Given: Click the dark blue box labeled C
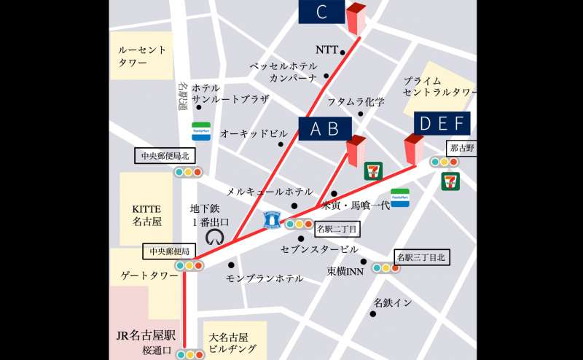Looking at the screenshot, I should click(x=321, y=12).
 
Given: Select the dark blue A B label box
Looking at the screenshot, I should click(x=325, y=128).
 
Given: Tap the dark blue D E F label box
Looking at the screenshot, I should click(x=442, y=124).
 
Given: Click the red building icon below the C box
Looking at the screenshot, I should click(x=356, y=19).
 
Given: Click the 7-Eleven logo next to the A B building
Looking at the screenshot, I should click(x=372, y=171).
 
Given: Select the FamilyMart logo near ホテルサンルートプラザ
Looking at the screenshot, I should click(x=201, y=131).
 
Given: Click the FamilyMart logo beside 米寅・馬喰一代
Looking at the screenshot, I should click(x=400, y=197).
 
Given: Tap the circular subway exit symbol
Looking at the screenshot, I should click(x=216, y=237).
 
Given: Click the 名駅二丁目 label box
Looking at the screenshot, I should click(x=336, y=228).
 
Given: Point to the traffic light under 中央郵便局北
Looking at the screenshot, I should click(x=188, y=173).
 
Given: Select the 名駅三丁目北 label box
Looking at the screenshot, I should click(x=420, y=257).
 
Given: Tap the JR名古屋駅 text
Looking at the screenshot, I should click(x=146, y=336).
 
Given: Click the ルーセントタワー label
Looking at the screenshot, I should click(x=143, y=56).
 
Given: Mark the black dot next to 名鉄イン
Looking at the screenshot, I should click(x=372, y=314).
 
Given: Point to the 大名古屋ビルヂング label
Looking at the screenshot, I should click(x=233, y=343).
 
